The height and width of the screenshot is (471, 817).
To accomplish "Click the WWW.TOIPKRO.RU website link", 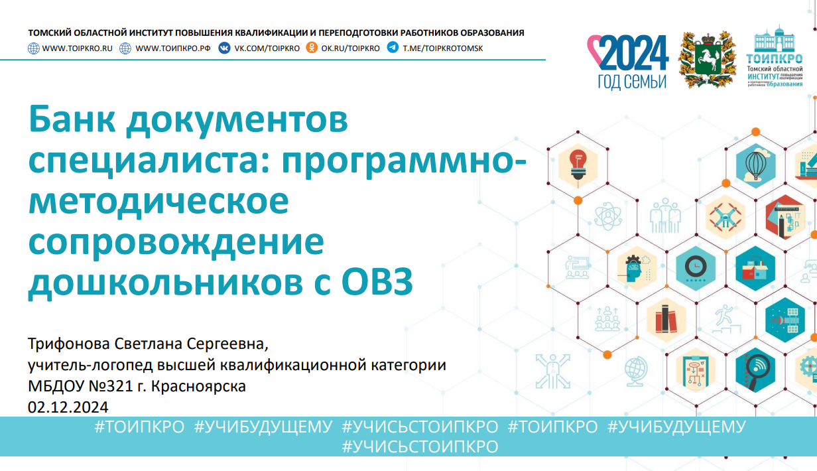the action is click(78, 48).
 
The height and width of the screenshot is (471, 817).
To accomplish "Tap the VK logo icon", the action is click(224, 48).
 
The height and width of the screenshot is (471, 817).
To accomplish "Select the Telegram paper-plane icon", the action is click(393, 48).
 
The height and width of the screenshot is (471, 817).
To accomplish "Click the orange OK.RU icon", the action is click(312, 48).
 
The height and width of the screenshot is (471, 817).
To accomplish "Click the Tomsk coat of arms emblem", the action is click(707, 59).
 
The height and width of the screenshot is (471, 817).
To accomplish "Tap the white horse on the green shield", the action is click(708, 58).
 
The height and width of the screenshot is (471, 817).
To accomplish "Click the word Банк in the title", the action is click(72, 119).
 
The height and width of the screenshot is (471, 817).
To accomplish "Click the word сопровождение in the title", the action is click(176, 242).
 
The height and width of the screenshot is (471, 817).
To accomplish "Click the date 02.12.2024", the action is click(68, 407).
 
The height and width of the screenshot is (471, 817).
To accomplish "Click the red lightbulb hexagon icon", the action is click(578, 166).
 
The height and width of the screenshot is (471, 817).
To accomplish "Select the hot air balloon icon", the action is click(755, 166).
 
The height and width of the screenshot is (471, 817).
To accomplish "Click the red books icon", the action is click(666, 320).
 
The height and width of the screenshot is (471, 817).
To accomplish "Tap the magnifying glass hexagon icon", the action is click(755, 370).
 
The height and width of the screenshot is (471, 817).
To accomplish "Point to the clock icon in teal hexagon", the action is click(696, 268).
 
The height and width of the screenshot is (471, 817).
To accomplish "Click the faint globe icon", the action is click(637, 371).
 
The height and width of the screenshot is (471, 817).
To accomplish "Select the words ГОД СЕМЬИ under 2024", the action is click(633, 82).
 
